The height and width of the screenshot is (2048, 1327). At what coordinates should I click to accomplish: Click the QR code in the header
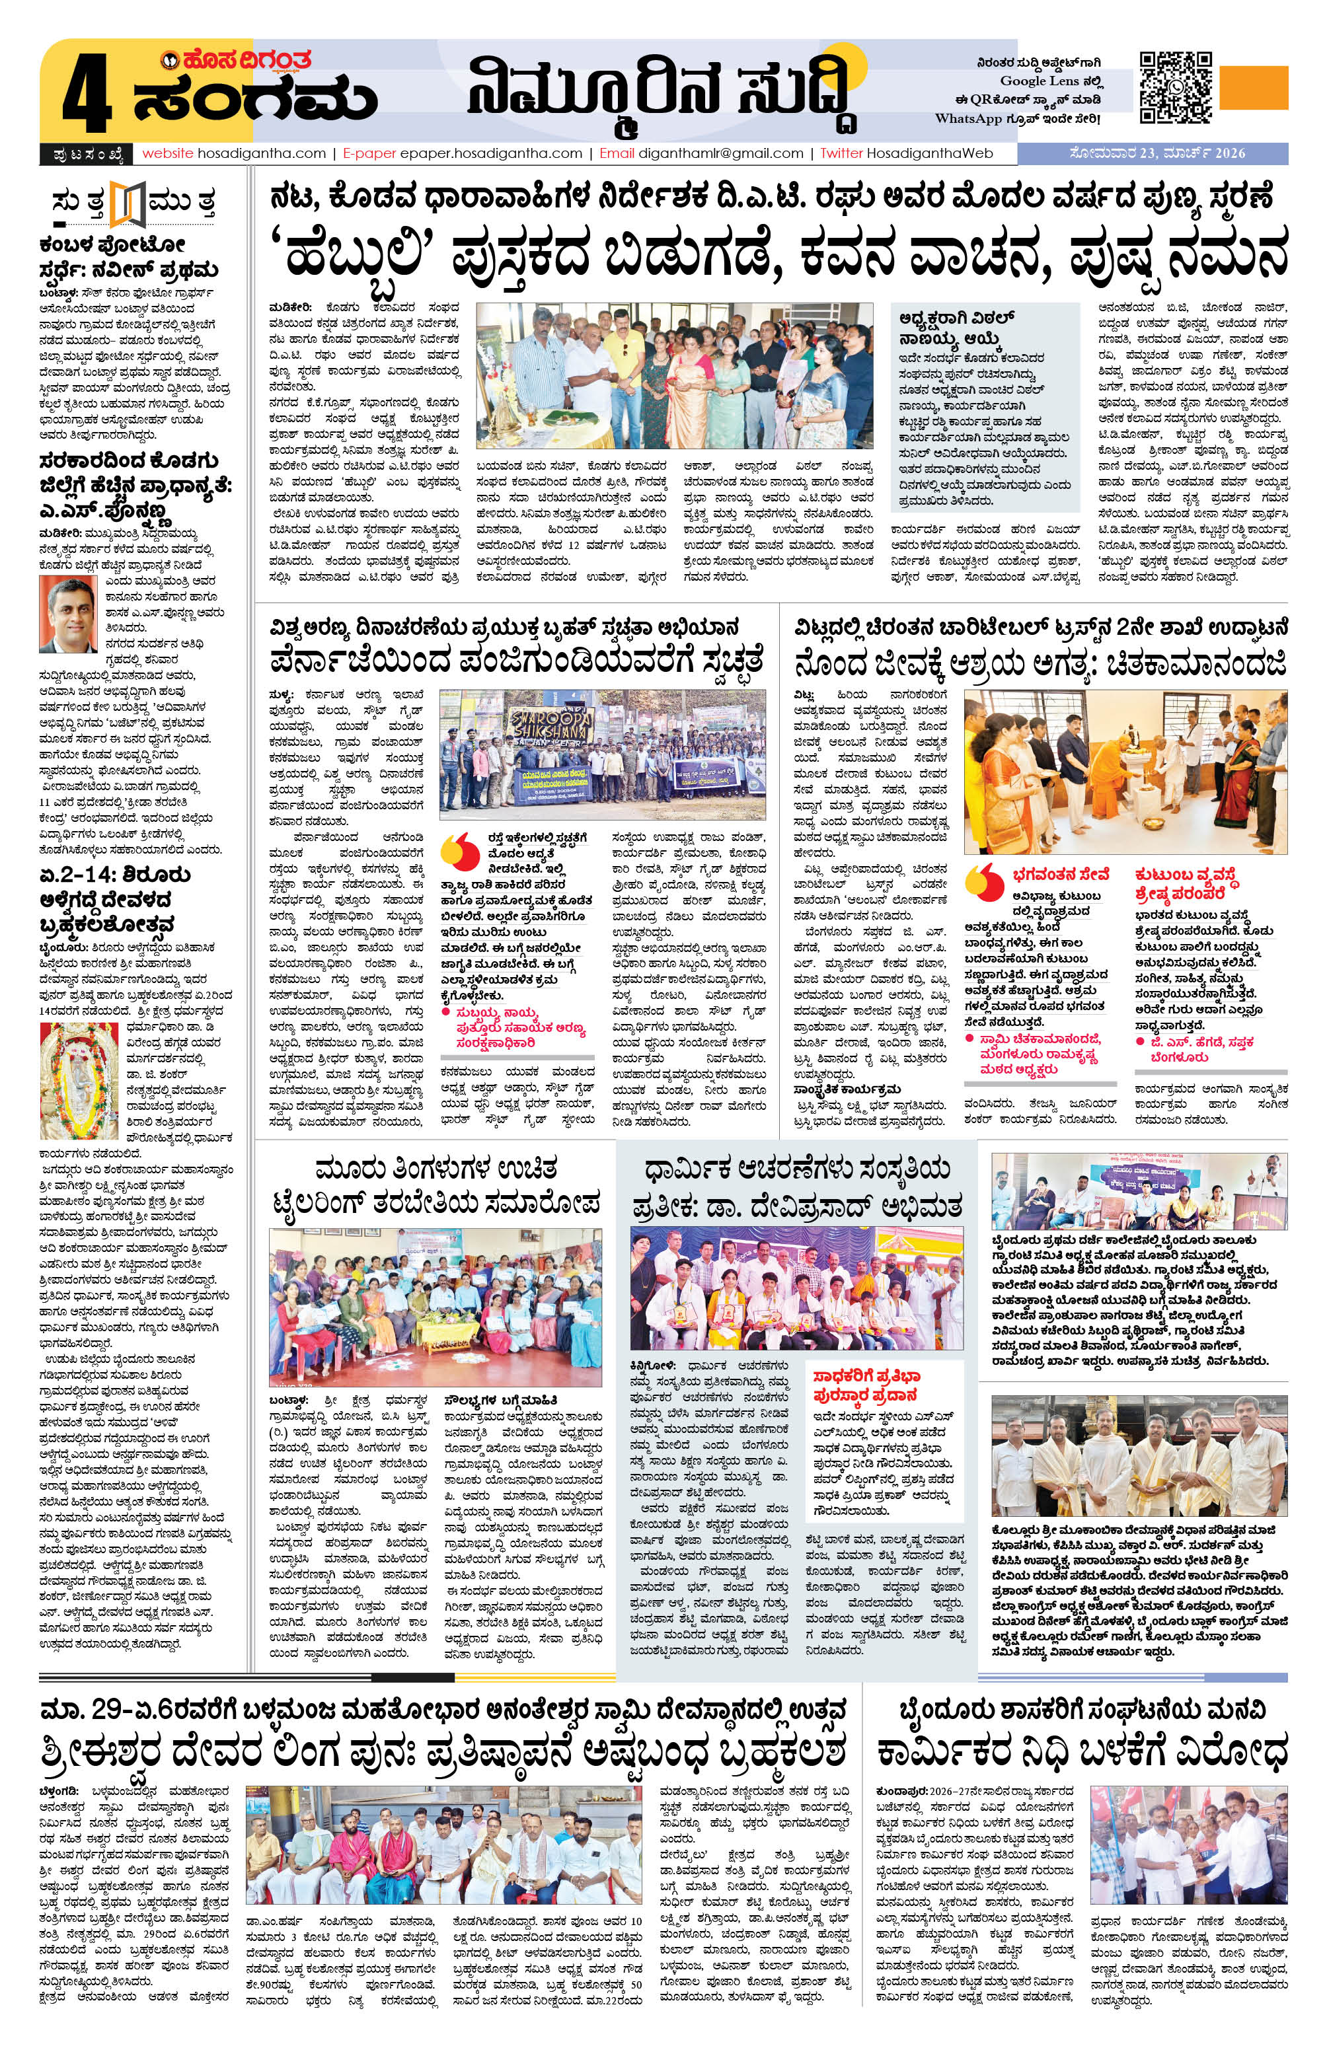pyautogui.click(x=1176, y=87)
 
